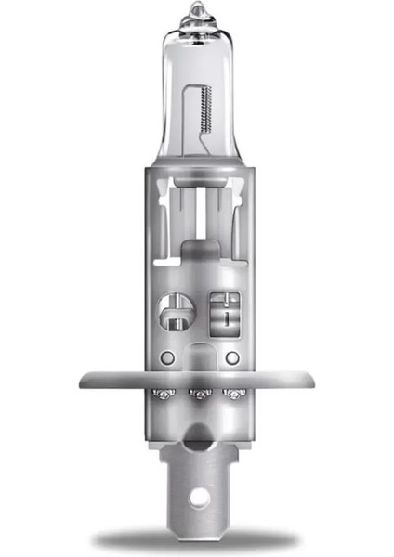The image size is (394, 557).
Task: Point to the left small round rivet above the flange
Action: tap(164, 357)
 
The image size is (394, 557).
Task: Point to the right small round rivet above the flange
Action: tap(232, 357)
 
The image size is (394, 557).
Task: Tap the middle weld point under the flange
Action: tap(197, 395)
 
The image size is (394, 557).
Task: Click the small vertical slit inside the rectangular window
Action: tap(223, 317)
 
